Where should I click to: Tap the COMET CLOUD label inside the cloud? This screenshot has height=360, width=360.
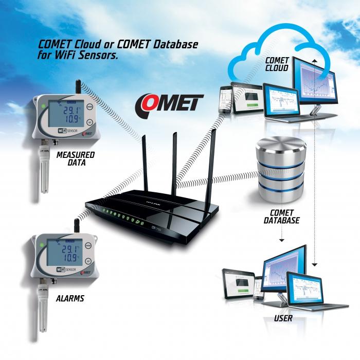tap(277, 64)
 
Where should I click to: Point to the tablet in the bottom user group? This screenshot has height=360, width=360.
tap(242, 283)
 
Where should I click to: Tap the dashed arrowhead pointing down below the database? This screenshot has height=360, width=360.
tap(282, 241)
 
